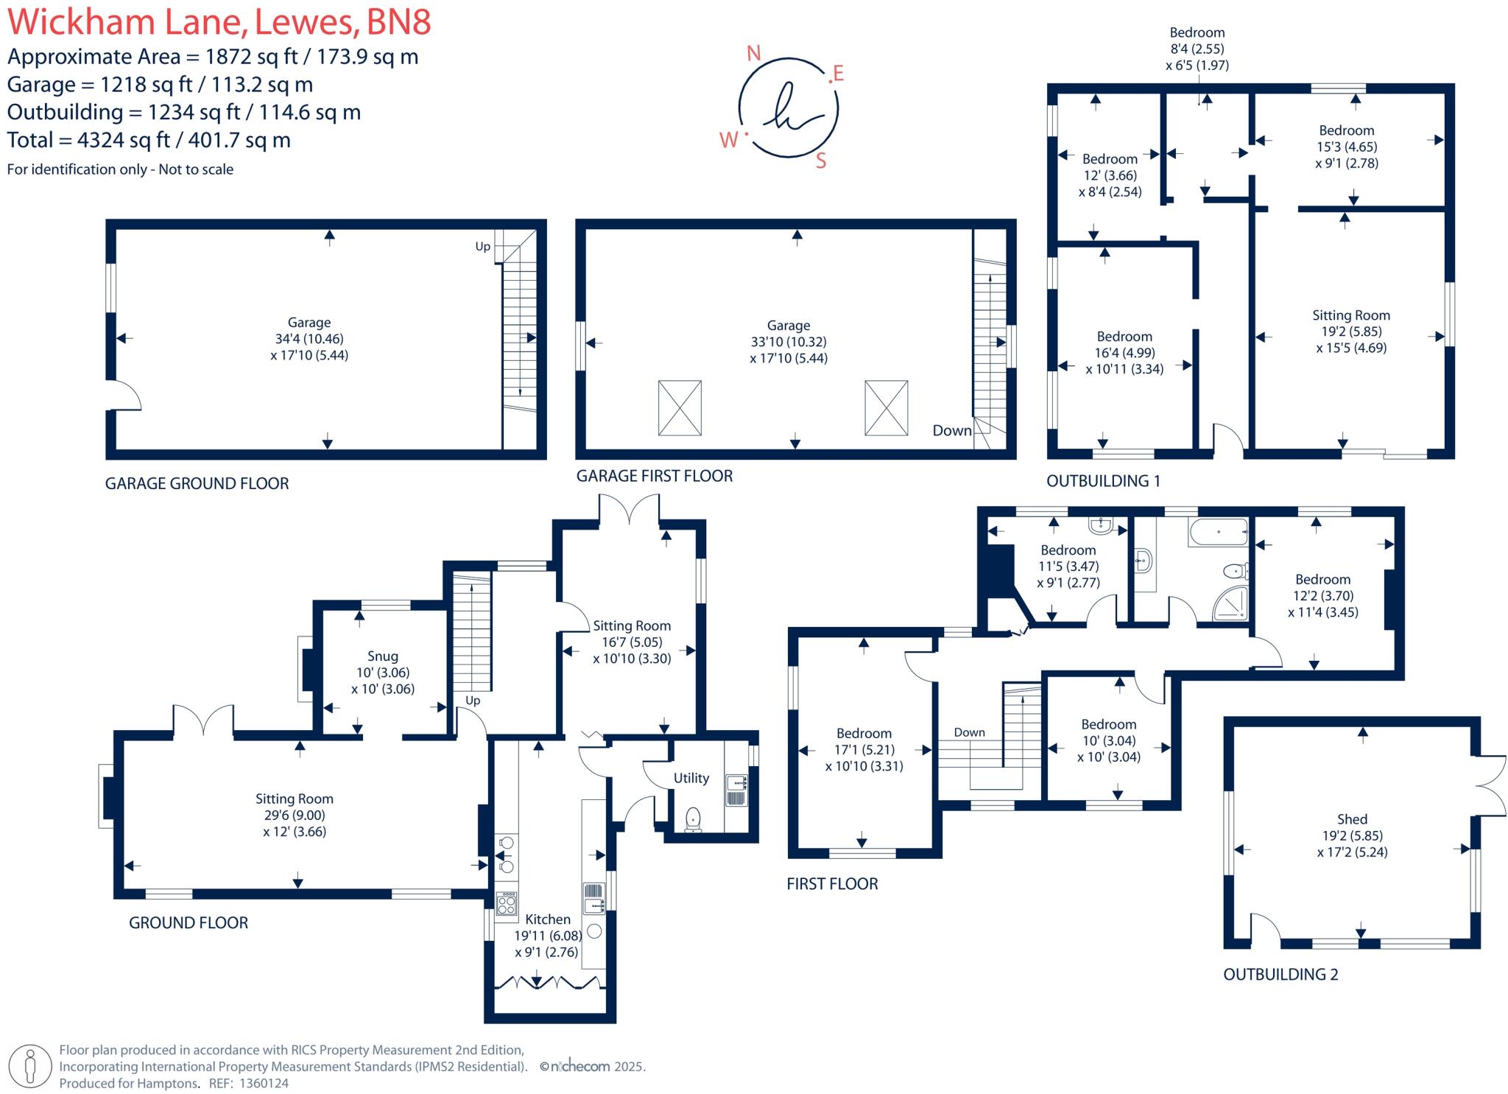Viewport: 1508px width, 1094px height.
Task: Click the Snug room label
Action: pyautogui.click(x=382, y=656)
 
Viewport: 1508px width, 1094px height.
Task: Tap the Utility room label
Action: pyautogui.click(x=691, y=778)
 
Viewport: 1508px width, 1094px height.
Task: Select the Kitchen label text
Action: pyautogui.click(x=547, y=919)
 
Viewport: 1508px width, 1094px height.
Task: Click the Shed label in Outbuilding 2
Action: pyautogui.click(x=1351, y=819)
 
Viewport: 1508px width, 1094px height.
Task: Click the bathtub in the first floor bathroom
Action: pyautogui.click(x=1217, y=532)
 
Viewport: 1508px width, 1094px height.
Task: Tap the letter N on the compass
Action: pyautogui.click(x=753, y=53)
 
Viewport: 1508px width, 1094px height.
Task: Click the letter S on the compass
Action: pyautogui.click(x=821, y=161)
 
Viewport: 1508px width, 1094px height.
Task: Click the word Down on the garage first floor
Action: pyautogui.click(x=951, y=431)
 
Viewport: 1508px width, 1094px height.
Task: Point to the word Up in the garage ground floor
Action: pyautogui.click(x=482, y=246)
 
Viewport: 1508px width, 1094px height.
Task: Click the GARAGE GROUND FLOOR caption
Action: pyautogui.click(x=197, y=483)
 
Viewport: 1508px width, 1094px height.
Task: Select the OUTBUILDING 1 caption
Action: pyautogui.click(x=1103, y=481)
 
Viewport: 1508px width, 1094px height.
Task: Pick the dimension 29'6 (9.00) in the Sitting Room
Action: pyautogui.click(x=294, y=815)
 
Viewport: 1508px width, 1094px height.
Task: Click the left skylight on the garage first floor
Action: pyautogui.click(x=679, y=407)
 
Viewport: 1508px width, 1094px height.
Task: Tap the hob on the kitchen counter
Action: pyautogui.click(x=506, y=904)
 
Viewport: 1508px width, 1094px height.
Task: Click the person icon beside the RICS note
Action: pyautogui.click(x=30, y=1066)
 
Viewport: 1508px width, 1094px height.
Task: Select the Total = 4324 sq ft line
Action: pyautogui.click(x=149, y=140)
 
